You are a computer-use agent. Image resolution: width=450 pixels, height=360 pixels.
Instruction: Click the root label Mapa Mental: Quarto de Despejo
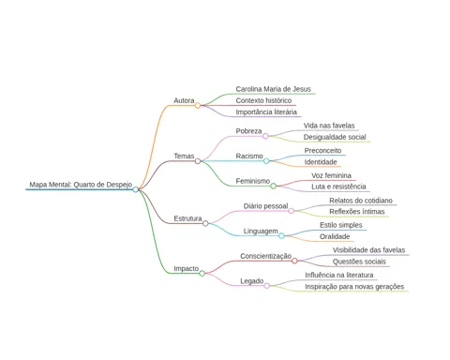pyautogui.click(x=81, y=185)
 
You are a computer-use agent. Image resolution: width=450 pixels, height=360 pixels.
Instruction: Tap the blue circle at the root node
pyautogui.click(x=135, y=189)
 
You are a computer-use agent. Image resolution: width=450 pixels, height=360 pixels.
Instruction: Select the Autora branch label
pyautogui.click(x=184, y=100)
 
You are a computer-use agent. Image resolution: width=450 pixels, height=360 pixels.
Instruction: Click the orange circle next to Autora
pyautogui.click(x=198, y=106)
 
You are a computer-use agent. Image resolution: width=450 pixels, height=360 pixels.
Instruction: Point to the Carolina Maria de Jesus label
pyautogui.click(x=274, y=89)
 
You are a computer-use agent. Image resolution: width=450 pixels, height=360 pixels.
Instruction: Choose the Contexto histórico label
pyautogui.click(x=263, y=100)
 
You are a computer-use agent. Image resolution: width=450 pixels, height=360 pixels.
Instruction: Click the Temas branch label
pyautogui.click(x=184, y=156)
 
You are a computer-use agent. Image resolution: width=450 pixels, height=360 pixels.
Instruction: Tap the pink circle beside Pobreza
pyautogui.click(x=265, y=136)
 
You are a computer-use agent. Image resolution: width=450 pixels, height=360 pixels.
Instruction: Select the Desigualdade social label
pyautogui.click(x=335, y=137)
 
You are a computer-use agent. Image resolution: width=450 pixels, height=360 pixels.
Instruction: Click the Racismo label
pyautogui.click(x=249, y=156)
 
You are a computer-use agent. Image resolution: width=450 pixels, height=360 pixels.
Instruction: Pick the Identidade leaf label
pyautogui.click(x=321, y=162)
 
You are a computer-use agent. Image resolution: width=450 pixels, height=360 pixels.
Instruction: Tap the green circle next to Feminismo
pyautogui.click(x=273, y=186)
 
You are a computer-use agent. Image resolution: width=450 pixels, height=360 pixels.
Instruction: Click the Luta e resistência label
pyautogui.click(x=338, y=187)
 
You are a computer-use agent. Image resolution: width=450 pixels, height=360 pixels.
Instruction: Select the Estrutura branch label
pyautogui.click(x=187, y=218)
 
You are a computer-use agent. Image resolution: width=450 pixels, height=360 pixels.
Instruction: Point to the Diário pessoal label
pyautogui.click(x=265, y=206)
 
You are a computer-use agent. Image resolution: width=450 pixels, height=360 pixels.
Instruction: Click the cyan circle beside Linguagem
pyautogui.click(x=281, y=235)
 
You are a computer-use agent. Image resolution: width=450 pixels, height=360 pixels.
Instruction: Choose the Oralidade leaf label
pyautogui.click(x=335, y=236)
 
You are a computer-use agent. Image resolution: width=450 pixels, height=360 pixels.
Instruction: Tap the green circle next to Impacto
pyautogui.click(x=202, y=274)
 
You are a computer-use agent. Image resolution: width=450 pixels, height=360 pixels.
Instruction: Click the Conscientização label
pyautogui.click(x=265, y=256)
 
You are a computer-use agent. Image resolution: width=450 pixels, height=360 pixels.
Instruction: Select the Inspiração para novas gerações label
pyautogui.click(x=354, y=287)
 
